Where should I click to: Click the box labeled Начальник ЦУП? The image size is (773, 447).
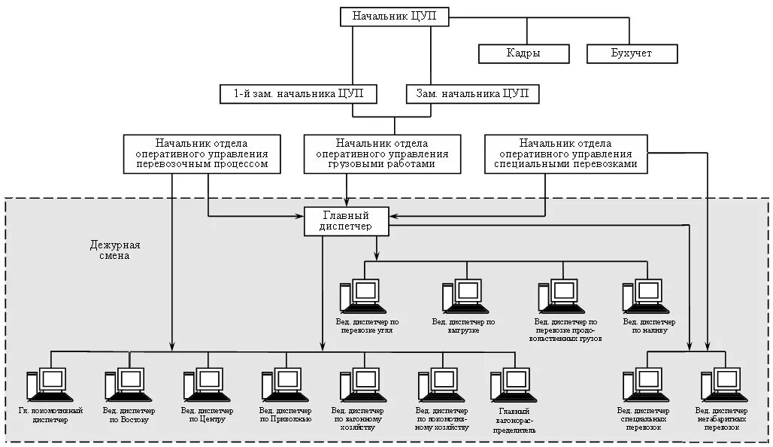[x=393, y=17]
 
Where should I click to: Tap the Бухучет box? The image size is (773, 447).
[x=632, y=53]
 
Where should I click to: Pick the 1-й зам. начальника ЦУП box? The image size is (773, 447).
[x=299, y=94]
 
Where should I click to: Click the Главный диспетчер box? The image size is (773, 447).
[x=347, y=220]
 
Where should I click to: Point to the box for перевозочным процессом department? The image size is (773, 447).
[x=202, y=153]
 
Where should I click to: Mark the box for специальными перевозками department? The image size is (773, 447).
[x=565, y=153]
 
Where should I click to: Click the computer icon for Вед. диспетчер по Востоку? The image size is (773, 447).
[x=125, y=384]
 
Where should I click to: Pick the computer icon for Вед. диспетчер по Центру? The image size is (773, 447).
[x=203, y=384]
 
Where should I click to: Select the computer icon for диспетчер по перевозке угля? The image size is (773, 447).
[x=360, y=294]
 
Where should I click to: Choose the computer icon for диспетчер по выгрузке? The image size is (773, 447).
[x=462, y=294]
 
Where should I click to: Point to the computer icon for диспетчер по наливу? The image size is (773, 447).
[x=643, y=294]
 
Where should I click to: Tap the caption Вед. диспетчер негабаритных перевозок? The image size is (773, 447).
[x=722, y=418]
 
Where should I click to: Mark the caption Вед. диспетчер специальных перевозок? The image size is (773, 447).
[x=643, y=418]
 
